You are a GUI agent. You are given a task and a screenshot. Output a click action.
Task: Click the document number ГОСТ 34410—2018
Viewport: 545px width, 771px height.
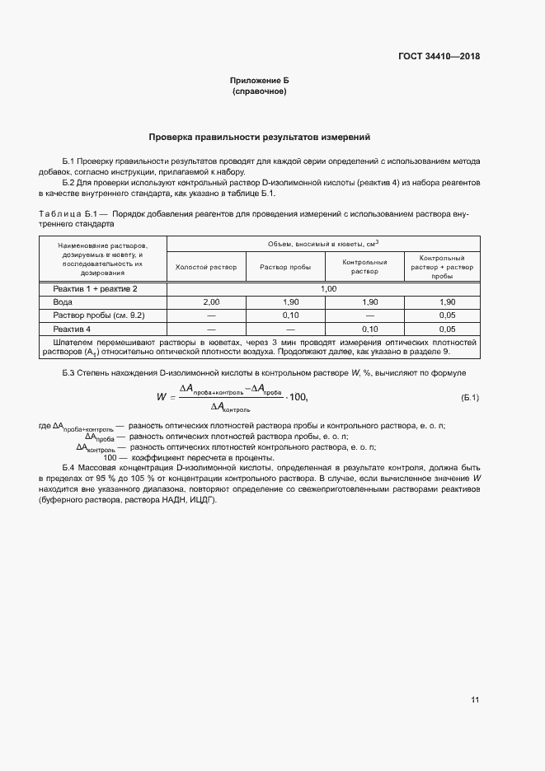click(438, 57)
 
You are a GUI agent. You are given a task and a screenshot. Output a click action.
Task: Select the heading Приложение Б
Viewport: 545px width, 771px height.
click(259, 81)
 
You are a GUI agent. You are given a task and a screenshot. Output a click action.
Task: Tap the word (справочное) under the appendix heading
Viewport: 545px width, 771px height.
click(259, 91)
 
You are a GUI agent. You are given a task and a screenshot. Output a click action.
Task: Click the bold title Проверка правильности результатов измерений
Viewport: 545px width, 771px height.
click(259, 137)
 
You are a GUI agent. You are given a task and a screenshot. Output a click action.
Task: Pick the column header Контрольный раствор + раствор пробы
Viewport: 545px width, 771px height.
click(442, 267)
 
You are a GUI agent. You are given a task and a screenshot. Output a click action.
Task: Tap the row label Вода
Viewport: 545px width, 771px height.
click(63, 302)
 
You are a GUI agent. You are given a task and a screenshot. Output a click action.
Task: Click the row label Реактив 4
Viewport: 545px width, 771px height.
click(71, 329)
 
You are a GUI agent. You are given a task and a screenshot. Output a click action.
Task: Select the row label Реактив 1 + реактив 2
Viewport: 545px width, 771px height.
click(95, 289)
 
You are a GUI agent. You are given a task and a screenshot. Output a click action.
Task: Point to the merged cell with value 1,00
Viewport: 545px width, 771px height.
click(328, 289)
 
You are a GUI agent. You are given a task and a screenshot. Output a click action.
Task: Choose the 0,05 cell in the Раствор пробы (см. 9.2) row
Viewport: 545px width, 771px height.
click(448, 315)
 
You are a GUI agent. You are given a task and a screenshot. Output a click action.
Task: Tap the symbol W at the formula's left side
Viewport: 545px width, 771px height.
click(162, 397)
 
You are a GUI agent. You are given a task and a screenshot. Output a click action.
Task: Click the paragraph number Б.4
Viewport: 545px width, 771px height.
click(71, 467)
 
